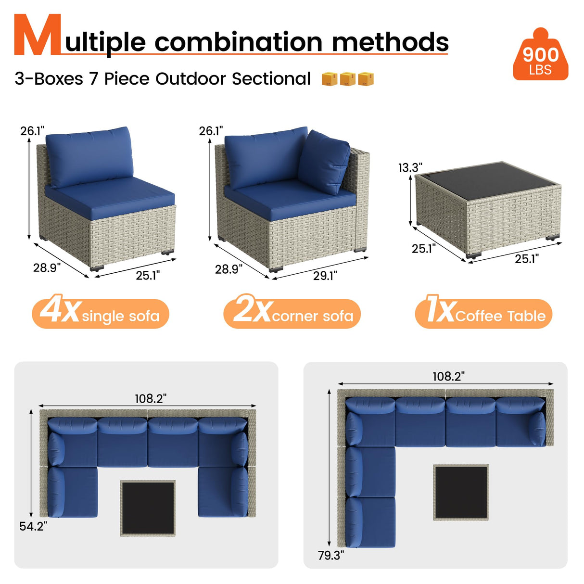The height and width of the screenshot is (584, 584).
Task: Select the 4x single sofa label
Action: [101, 314]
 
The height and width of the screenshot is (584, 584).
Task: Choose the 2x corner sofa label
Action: [292, 314]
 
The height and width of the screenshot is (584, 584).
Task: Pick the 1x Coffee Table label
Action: [483, 314]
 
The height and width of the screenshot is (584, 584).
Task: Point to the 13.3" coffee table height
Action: [410, 167]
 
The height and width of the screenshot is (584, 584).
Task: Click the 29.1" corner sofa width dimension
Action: [325, 276]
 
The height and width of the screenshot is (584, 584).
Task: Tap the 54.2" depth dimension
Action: [33, 526]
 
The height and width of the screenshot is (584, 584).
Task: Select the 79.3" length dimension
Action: [330, 555]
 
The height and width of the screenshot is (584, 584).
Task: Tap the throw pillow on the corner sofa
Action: [324, 161]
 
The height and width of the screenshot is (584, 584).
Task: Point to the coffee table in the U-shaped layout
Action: [148, 508]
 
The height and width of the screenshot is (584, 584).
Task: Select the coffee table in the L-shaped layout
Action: [461, 492]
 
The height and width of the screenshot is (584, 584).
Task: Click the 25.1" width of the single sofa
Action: [148, 275]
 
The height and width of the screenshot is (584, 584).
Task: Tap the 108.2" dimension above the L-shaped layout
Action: [448, 376]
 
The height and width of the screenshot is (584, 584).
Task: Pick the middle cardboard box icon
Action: [348, 79]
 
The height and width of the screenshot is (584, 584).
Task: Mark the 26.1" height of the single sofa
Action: [32, 131]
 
